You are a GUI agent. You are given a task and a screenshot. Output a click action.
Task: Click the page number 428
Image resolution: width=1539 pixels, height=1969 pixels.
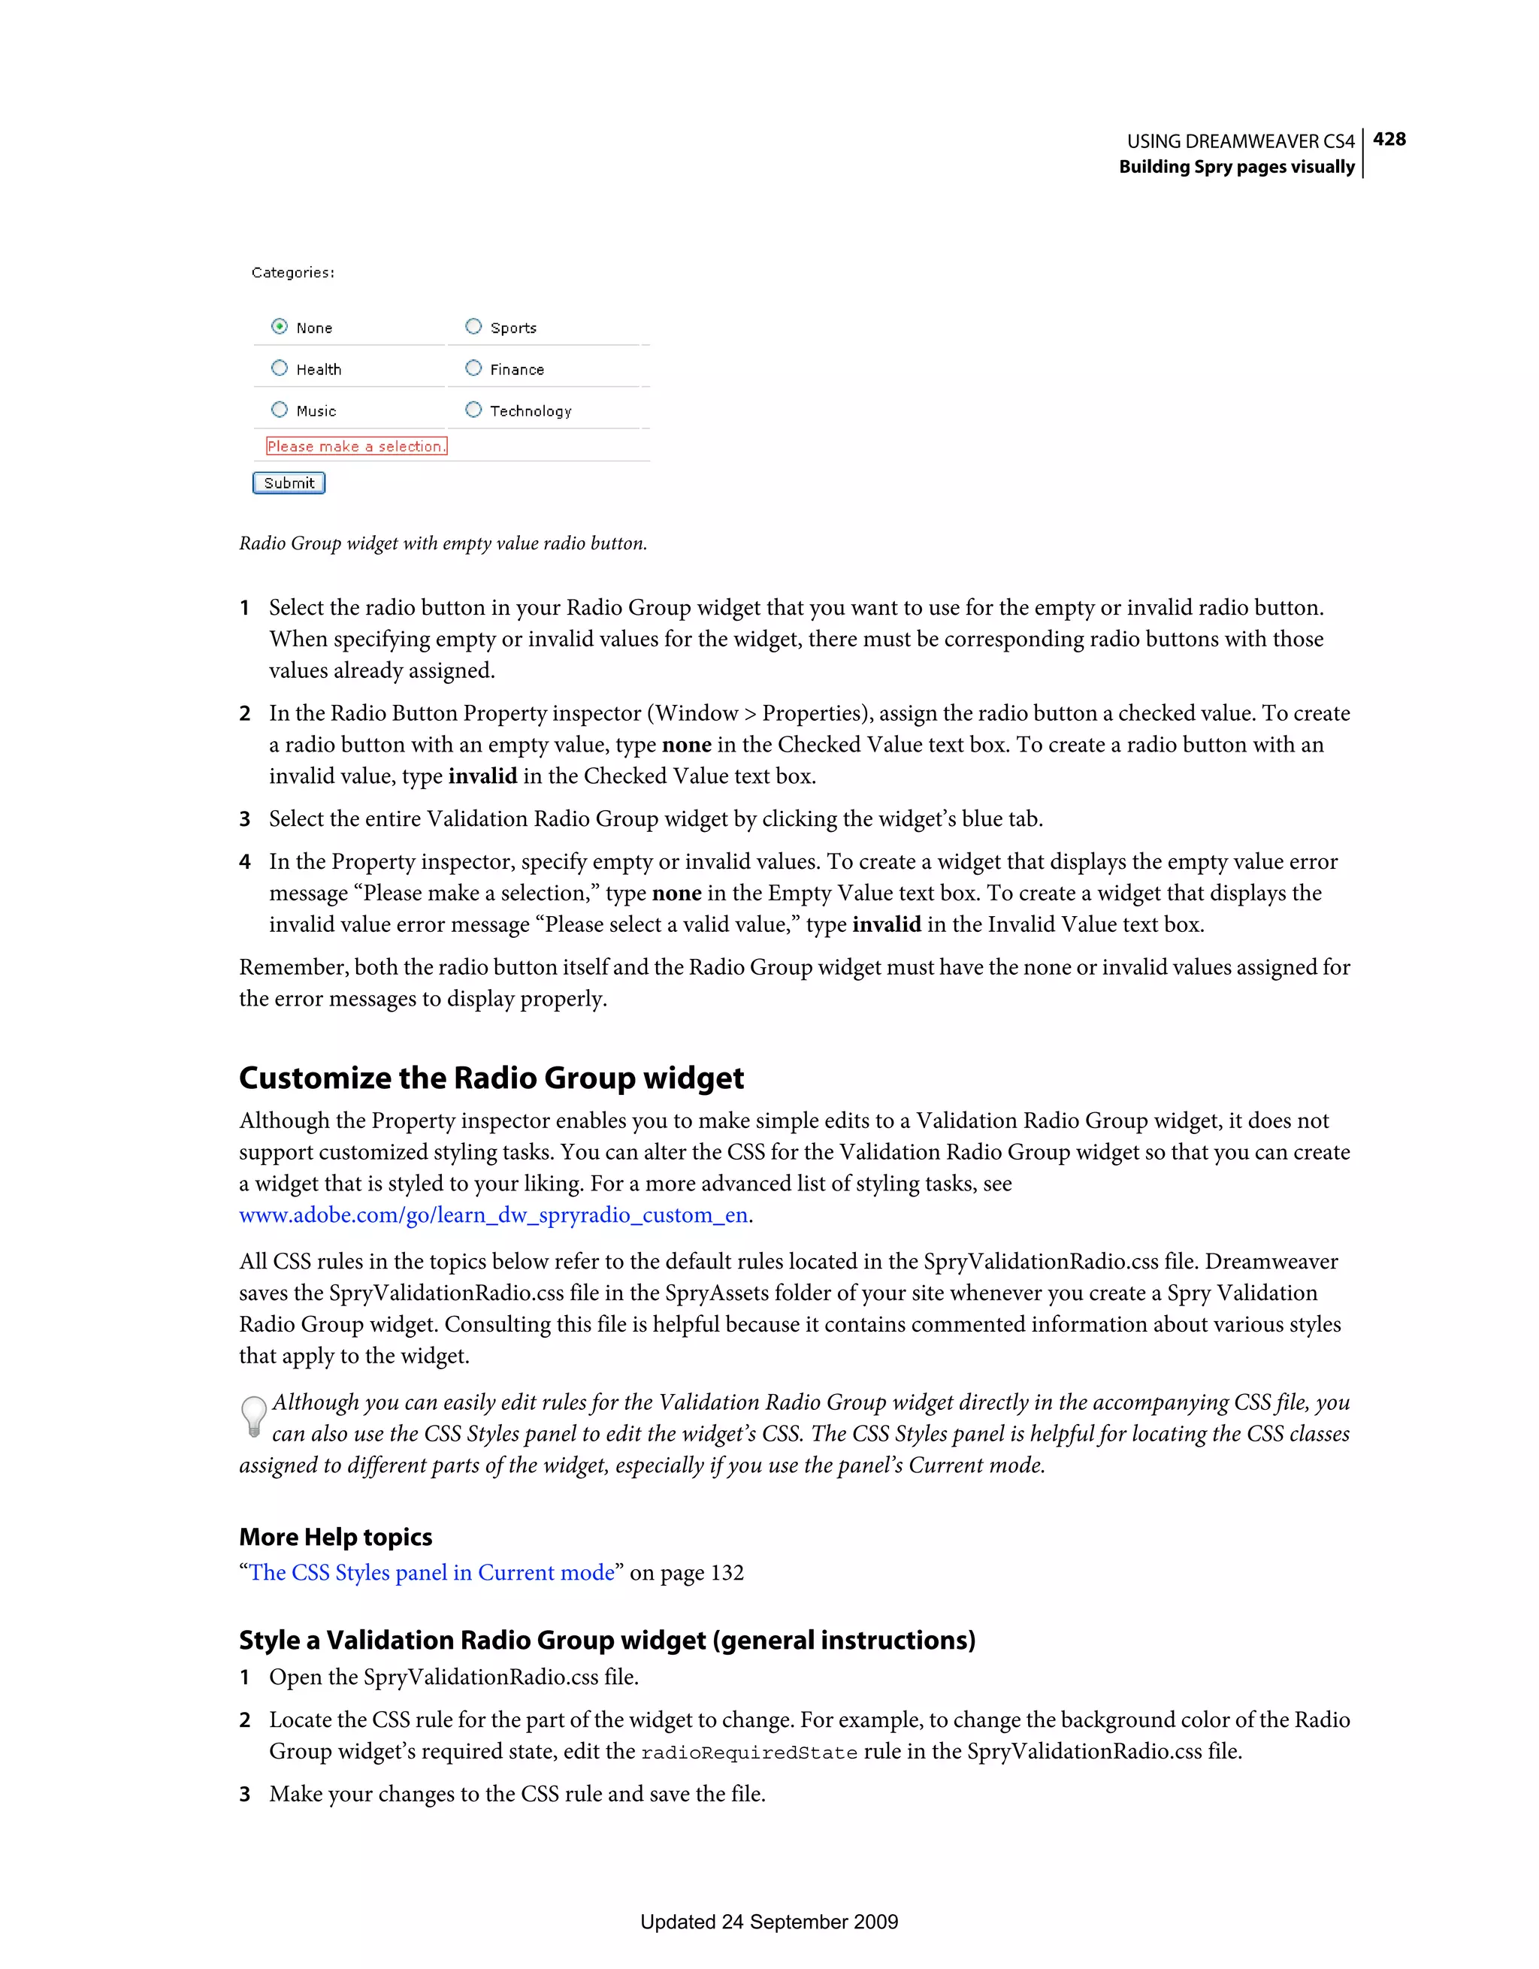click(1389, 139)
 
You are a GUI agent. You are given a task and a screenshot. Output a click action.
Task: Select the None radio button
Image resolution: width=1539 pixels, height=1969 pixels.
click(280, 326)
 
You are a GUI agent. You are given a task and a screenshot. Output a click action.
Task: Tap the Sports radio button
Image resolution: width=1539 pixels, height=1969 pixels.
click(473, 326)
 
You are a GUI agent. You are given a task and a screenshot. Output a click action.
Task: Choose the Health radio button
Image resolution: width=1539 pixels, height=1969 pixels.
click(280, 367)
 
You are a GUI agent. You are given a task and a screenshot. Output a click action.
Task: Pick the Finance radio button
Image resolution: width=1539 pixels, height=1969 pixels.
click(473, 367)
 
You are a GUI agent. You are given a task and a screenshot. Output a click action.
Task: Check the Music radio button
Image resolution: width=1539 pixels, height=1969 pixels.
click(280, 410)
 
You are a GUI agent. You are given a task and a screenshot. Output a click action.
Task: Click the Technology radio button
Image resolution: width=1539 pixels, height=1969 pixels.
click(473, 410)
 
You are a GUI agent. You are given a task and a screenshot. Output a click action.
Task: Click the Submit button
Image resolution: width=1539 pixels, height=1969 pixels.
click(289, 483)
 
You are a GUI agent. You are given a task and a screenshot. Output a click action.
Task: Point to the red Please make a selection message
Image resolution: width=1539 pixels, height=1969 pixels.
click(356, 446)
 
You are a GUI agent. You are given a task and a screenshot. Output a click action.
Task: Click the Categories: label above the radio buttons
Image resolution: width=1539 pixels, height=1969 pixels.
click(293, 272)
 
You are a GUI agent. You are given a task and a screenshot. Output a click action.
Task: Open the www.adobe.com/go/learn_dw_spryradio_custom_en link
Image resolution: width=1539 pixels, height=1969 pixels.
click(493, 1215)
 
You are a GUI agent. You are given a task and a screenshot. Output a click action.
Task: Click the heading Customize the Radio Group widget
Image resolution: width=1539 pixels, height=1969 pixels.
click(491, 1078)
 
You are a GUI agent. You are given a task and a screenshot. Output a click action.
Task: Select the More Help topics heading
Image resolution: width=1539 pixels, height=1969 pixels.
click(335, 1537)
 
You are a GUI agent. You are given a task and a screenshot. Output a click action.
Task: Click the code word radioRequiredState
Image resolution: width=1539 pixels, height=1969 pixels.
click(748, 1753)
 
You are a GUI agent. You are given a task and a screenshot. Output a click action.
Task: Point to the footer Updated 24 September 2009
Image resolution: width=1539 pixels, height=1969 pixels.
click(769, 1921)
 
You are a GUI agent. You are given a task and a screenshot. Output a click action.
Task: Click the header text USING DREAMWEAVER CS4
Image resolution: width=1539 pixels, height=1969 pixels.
click(1241, 141)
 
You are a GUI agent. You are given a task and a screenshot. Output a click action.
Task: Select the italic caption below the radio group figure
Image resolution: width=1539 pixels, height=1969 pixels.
click(443, 543)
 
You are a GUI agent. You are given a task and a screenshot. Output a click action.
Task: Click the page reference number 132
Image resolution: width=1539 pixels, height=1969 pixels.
click(727, 1573)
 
